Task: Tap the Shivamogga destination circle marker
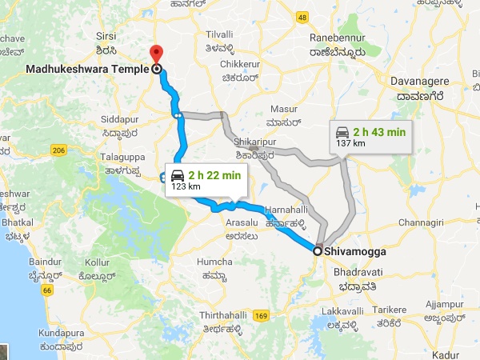tap(318, 251)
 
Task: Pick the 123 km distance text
tap(185, 186)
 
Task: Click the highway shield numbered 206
tap(58, 150)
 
